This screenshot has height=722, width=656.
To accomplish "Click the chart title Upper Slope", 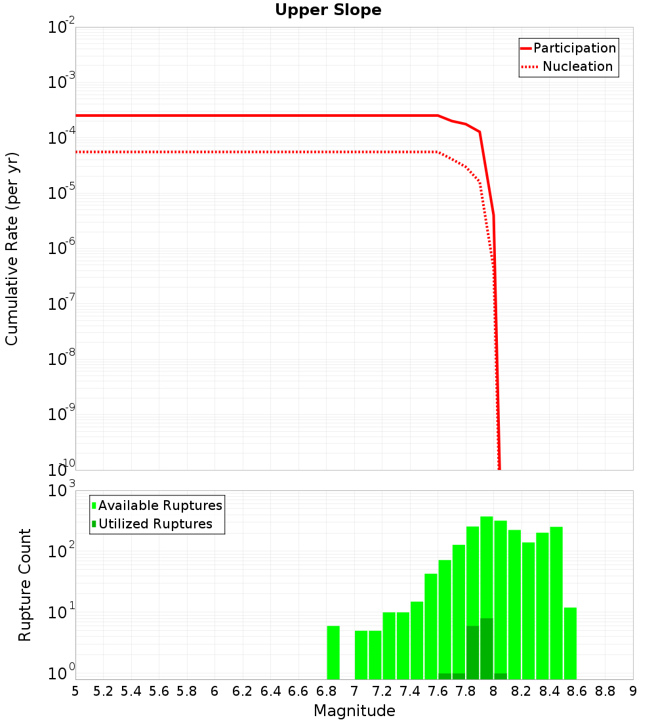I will tap(328, 11).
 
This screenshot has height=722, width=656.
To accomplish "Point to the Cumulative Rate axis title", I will tap(12, 249).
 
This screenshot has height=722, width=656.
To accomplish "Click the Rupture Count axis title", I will tap(25, 584).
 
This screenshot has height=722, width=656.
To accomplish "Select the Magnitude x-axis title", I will tap(354, 711).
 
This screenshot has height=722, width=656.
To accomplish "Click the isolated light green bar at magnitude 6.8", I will tap(333, 652).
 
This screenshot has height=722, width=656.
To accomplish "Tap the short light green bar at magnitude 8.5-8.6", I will tap(570, 643).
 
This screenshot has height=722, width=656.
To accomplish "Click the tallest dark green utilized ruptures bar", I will tap(486, 648).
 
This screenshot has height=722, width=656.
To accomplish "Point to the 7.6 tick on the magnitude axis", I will tap(438, 691).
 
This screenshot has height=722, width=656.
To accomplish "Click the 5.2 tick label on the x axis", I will tap(103, 691).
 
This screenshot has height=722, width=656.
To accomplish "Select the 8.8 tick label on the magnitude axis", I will tap(605, 691).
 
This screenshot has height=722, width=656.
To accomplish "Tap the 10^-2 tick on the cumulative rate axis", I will tap(62, 28).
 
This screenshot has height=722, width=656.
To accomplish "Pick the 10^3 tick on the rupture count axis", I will tap(62, 491).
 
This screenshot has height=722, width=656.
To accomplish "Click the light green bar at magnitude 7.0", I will tap(361, 654).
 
